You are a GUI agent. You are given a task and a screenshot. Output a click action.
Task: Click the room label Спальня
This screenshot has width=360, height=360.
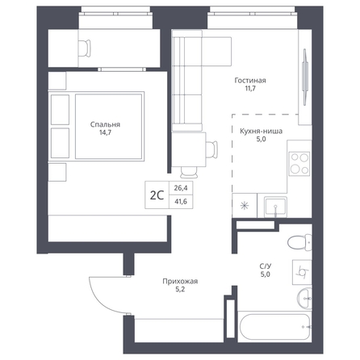105,124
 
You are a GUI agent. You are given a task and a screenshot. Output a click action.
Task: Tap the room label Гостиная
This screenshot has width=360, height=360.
250,81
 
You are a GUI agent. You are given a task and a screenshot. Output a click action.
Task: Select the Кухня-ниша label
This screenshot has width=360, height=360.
261,132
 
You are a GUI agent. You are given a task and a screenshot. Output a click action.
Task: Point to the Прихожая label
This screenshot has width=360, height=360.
180,282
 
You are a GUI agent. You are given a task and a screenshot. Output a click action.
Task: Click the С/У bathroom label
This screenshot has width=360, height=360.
266,266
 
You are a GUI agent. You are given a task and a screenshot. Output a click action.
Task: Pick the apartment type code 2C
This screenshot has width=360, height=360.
157,195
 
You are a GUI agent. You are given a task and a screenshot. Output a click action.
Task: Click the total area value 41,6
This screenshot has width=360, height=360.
181,202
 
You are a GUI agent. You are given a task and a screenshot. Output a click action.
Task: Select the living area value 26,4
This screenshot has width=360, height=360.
181,188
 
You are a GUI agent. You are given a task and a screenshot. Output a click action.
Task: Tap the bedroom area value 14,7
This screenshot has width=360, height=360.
105,132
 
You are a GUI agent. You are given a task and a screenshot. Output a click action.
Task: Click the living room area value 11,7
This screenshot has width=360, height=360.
250,88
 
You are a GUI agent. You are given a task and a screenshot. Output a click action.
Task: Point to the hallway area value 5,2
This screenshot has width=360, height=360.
180,290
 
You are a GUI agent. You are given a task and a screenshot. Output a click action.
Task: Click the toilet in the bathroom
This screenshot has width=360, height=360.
299,242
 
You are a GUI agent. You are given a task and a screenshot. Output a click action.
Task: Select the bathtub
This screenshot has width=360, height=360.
274,327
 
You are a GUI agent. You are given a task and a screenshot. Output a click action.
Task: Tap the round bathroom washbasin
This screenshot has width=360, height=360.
304,299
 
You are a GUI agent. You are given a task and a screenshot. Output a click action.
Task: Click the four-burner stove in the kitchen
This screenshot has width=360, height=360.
299,163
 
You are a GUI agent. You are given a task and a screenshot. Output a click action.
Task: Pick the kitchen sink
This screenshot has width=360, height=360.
275,207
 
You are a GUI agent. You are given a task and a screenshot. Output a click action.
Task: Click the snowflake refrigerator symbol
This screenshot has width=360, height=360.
245,206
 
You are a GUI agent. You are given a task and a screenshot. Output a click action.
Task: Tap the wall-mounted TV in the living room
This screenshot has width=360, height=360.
305,77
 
